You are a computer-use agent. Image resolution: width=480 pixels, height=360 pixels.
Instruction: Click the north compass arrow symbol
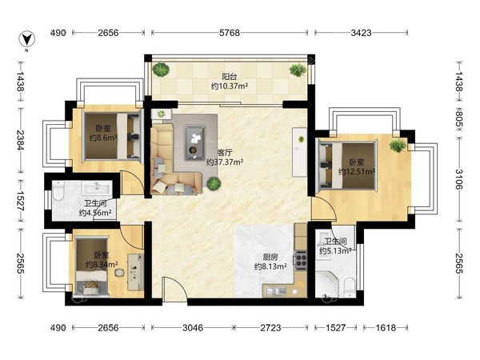click(27, 39)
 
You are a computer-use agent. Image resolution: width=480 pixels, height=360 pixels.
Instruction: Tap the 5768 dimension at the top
click(230, 33)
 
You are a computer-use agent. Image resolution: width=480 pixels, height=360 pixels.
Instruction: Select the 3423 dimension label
click(361, 33)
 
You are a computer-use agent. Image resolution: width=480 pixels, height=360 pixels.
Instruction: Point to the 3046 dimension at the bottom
click(193, 328)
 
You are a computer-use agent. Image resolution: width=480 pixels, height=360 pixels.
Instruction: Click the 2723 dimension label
click(270, 328)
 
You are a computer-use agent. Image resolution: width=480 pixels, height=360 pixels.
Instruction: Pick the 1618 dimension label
click(386, 328)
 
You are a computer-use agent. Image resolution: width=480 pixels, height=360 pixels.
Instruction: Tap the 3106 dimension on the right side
click(459, 179)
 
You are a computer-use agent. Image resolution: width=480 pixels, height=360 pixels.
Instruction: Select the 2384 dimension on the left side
click(21, 141)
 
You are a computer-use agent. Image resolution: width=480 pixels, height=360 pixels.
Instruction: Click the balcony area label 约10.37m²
click(230, 86)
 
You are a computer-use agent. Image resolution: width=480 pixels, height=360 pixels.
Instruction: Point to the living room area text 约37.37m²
click(225, 162)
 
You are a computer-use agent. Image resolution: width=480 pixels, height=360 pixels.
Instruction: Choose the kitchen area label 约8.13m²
click(270, 266)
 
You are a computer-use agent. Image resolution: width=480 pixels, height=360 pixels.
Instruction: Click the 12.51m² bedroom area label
click(357, 171)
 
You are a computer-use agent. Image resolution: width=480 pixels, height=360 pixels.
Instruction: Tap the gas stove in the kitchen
click(301, 260)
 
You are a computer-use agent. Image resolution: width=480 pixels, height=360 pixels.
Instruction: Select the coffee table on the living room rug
click(194, 142)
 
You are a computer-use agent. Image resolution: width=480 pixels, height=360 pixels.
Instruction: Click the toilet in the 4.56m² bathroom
click(58, 191)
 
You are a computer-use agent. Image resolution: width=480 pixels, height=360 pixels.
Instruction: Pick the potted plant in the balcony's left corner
click(161, 70)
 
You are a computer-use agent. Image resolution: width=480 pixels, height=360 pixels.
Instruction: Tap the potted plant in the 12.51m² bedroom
click(398, 146)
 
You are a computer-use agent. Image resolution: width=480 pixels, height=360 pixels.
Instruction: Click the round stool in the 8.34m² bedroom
click(120, 273)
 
